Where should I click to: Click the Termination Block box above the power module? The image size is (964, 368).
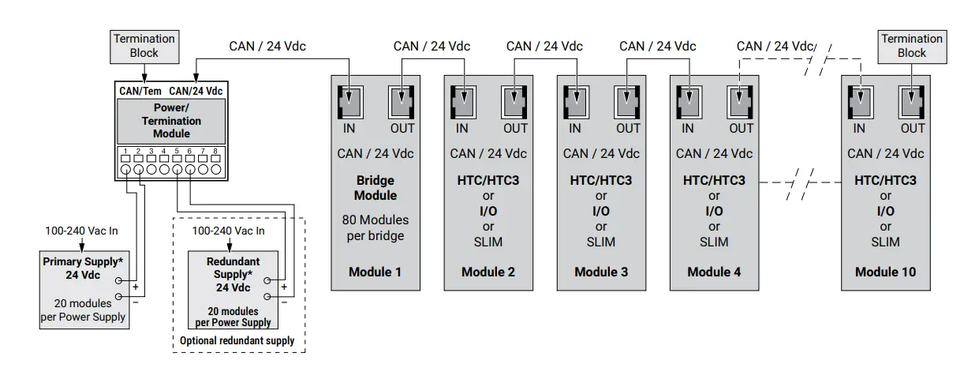(144, 46)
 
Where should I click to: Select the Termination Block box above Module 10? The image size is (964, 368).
(912, 46)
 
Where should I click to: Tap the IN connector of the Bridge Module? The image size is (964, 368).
(349, 103)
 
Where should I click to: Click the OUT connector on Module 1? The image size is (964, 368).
(402, 103)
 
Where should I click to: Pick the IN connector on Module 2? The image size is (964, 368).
(462, 103)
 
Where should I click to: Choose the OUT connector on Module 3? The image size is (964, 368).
(628, 103)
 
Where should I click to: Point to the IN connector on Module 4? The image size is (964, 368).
(688, 103)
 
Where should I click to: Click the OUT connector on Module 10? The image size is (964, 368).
(913, 103)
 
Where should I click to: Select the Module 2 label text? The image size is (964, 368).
(488, 272)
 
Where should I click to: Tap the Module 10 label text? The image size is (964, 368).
(885, 272)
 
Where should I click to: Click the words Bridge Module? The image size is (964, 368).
(376, 188)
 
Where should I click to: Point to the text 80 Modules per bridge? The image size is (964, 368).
(376, 227)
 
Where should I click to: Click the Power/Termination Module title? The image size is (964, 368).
(171, 121)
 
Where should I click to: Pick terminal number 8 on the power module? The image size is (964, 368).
(215, 151)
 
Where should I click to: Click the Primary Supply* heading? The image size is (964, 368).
(83, 261)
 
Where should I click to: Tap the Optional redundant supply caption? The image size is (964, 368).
(237, 340)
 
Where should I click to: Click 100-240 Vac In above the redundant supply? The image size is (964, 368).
(229, 231)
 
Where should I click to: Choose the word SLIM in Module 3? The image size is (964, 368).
(601, 242)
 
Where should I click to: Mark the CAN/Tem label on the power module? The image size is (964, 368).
(140, 91)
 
